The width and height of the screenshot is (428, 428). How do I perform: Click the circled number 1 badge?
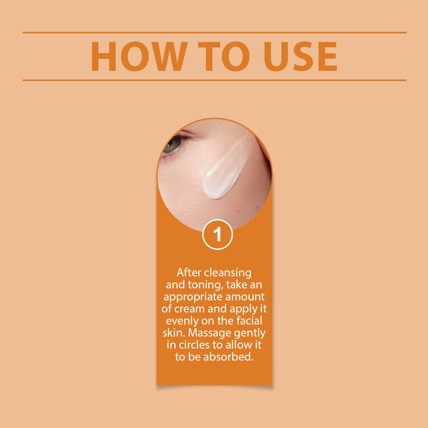point(217,235)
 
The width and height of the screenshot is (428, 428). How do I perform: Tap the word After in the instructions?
point(189,273)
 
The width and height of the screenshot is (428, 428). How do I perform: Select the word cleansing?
point(228,273)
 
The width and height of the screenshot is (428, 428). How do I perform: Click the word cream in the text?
point(189,309)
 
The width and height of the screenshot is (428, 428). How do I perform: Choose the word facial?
point(249,321)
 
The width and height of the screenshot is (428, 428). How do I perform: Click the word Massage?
point(210,333)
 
